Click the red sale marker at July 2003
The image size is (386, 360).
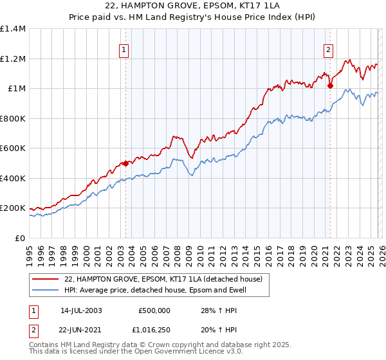click(x=125, y=163)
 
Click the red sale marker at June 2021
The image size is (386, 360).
click(x=330, y=85)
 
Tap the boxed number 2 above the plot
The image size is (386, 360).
click(x=328, y=49)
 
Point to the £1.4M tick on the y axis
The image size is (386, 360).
click(x=14, y=29)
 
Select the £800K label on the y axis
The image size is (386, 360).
click(x=13, y=118)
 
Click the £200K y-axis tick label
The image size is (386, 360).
click(x=13, y=208)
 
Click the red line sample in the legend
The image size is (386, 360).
click(x=46, y=280)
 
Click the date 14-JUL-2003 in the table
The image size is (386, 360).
click(x=81, y=310)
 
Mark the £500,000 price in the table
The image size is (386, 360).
click(x=154, y=310)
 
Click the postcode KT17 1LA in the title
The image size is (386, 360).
click(x=225, y=6)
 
